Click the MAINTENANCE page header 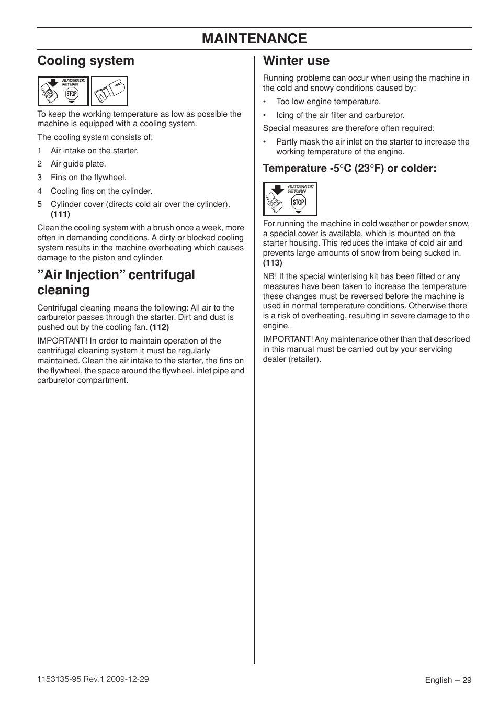pyautogui.click(x=254, y=39)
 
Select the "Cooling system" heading pyautogui.click(x=86, y=61)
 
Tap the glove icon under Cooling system pyautogui.click(x=109, y=91)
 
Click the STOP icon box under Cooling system pyautogui.click(x=63, y=91)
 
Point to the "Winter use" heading pyautogui.click(x=296, y=61)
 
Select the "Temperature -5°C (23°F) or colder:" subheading pyautogui.click(x=349, y=168)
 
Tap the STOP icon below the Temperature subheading pyautogui.click(x=290, y=199)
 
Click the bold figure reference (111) pyautogui.click(x=60, y=214)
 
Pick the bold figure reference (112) pyautogui.click(x=159, y=327)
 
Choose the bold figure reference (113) pyautogui.click(x=273, y=263)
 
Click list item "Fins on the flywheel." pyautogui.click(x=88, y=178)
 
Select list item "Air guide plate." pyautogui.click(x=78, y=164)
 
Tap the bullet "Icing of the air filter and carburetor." pyautogui.click(x=340, y=115)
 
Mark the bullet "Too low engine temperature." pyautogui.click(x=328, y=102)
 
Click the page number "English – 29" pyautogui.click(x=448, y=680)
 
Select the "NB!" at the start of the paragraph pyautogui.click(x=270, y=276)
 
